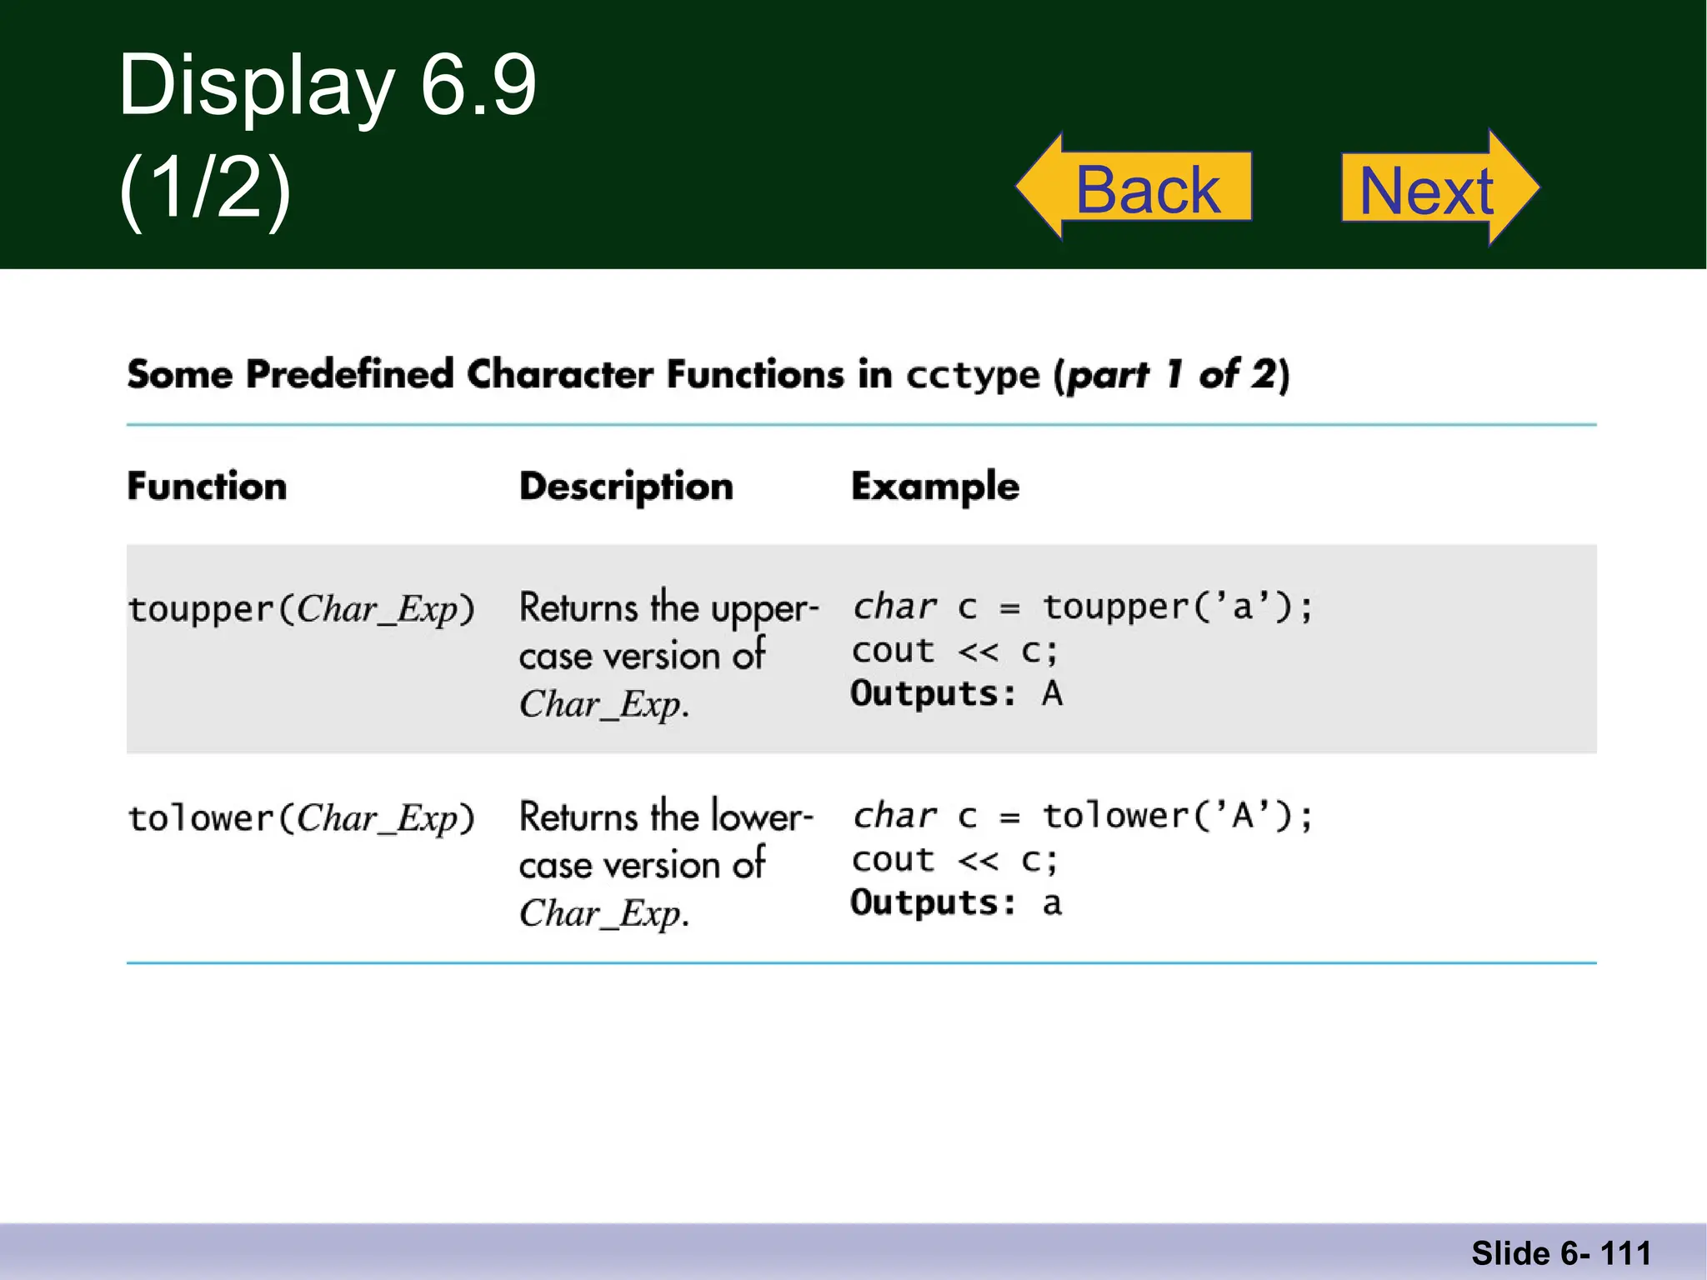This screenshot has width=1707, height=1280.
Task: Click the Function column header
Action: pyautogui.click(x=207, y=486)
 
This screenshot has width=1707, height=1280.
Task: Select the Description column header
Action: pyautogui.click(x=626, y=486)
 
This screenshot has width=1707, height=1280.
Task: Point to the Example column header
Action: pyautogui.click(x=935, y=486)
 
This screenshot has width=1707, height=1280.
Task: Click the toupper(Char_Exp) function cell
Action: pyautogui.click(x=301, y=609)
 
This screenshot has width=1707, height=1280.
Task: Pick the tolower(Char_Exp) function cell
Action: pyautogui.click(x=301, y=818)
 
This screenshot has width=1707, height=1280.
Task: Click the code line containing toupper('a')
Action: pyautogui.click(x=1082, y=607)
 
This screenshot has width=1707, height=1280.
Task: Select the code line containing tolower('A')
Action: pyautogui.click(x=1082, y=816)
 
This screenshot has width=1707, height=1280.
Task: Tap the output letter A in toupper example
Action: pyautogui.click(x=1052, y=693)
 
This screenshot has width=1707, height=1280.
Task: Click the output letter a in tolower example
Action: pyautogui.click(x=1052, y=903)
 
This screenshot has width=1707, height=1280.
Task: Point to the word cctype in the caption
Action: pyautogui.click(x=973, y=375)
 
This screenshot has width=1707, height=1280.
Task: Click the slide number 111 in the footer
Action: pyautogui.click(x=1625, y=1253)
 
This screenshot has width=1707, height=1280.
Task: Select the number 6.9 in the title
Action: pyautogui.click(x=478, y=85)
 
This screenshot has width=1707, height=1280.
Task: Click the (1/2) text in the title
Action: pyautogui.click(x=205, y=188)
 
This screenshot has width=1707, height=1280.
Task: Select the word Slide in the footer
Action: pyautogui.click(x=1510, y=1253)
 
